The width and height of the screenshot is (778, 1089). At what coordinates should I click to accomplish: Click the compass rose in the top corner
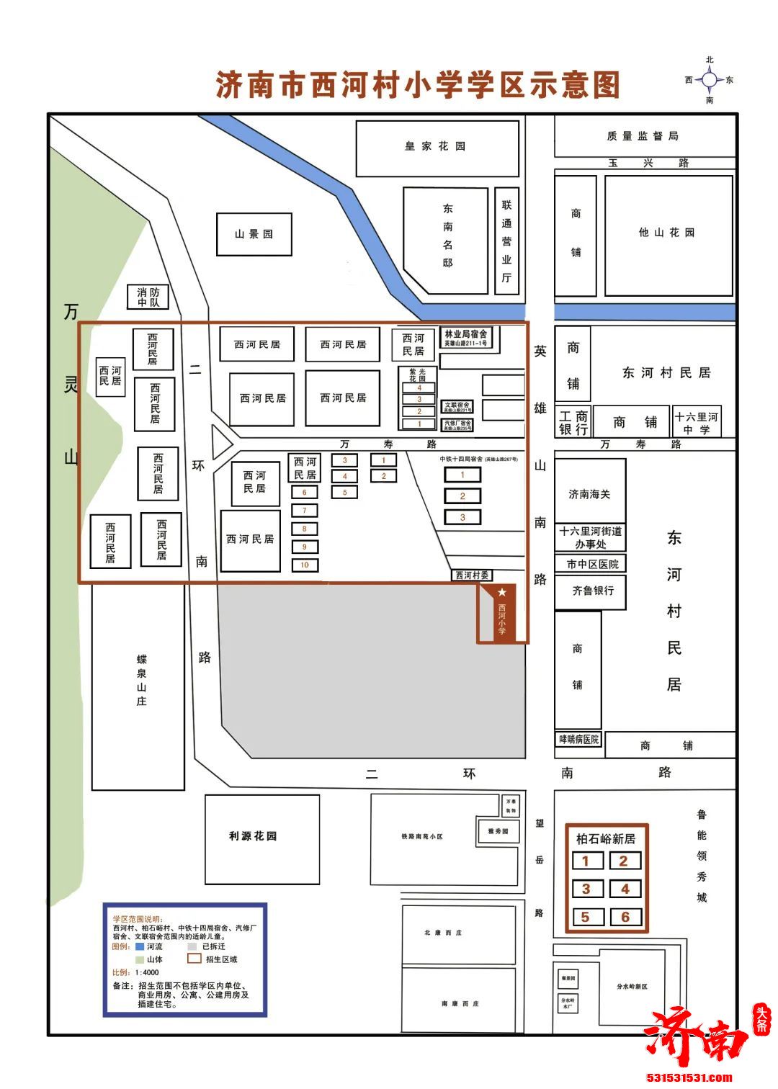pyautogui.click(x=710, y=80)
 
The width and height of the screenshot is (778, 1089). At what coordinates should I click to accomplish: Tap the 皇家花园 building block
pyautogui.click(x=437, y=148)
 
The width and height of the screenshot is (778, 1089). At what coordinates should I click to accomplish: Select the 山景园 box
pyautogui.click(x=254, y=234)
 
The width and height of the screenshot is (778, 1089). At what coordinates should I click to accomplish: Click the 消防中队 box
pyautogui.click(x=148, y=297)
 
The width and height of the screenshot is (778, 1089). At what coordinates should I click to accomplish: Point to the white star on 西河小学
pyautogui.click(x=502, y=592)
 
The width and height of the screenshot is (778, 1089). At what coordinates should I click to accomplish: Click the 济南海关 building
pyautogui.click(x=590, y=493)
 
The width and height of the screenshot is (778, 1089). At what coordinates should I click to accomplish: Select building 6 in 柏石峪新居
pyautogui.click(x=625, y=917)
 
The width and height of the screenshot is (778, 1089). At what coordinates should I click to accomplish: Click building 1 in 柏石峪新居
pyautogui.click(x=586, y=861)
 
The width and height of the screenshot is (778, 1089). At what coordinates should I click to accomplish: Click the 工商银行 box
pyautogui.click(x=573, y=423)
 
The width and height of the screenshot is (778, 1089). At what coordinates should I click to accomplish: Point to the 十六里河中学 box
pyautogui.click(x=697, y=423)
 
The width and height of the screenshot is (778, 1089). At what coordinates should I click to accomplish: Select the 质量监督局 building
pyautogui.click(x=643, y=135)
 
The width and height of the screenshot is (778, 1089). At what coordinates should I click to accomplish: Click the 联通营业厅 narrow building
pyautogui.click(x=506, y=241)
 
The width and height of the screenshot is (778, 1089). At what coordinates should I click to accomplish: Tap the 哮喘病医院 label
pyautogui.click(x=578, y=739)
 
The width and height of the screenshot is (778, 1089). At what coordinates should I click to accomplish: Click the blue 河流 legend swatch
pyautogui.click(x=140, y=947)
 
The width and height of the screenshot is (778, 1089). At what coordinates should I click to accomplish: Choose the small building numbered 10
pyautogui.click(x=305, y=565)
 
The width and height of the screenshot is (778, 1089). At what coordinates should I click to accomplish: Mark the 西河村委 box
pyautogui.click(x=472, y=575)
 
